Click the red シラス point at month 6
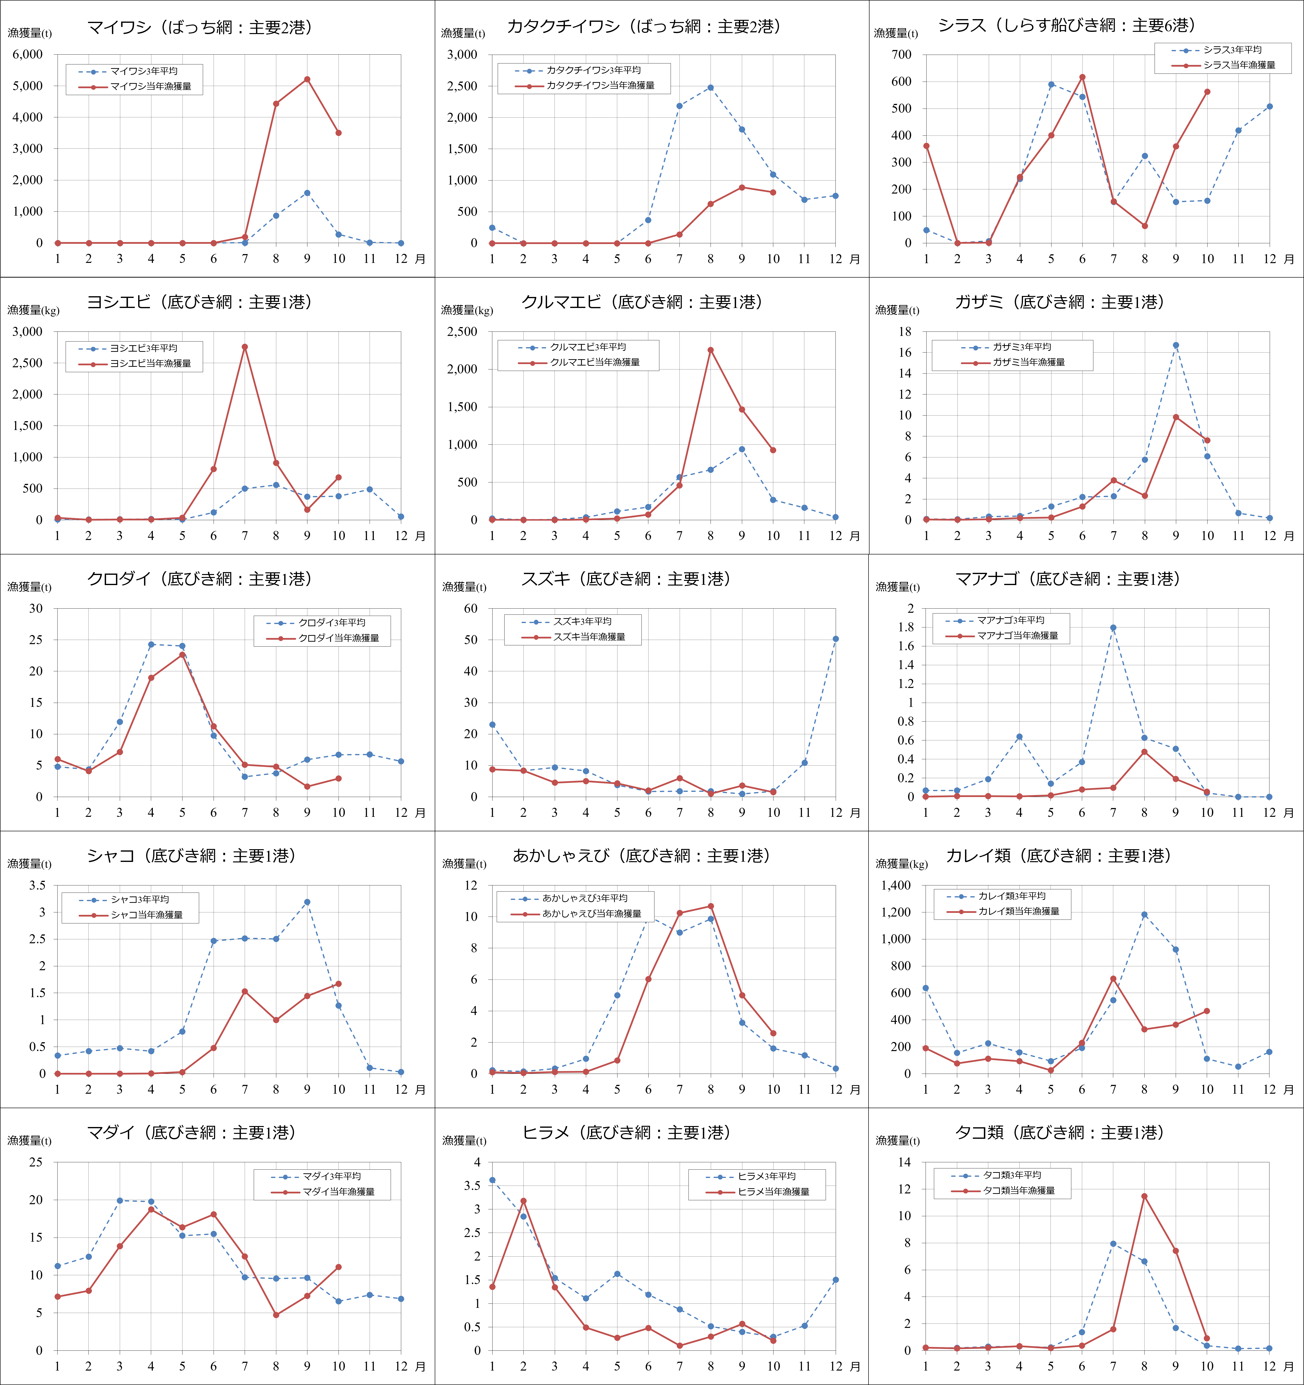point(1082,77)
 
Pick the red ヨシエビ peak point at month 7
point(244,347)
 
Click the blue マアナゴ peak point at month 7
point(1113,628)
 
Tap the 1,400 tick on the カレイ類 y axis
point(895,885)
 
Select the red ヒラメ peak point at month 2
point(523,1201)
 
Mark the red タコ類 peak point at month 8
point(1145,1196)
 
